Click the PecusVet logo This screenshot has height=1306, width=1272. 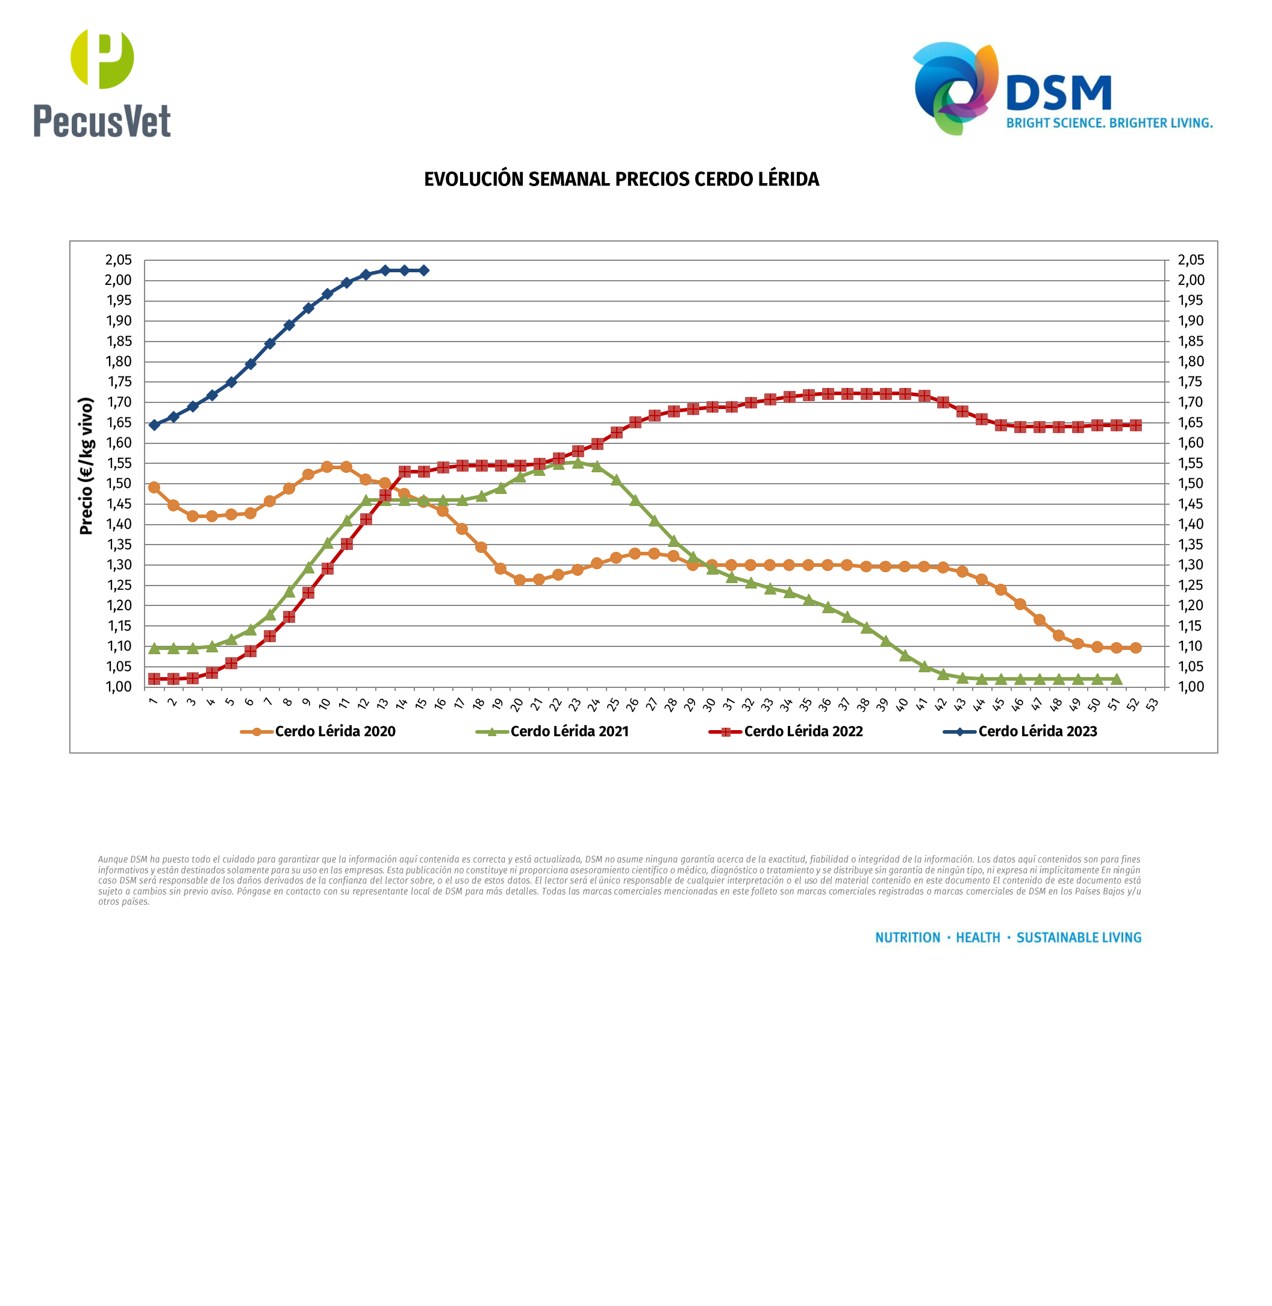(x=102, y=83)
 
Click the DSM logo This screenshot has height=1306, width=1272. (x=1062, y=89)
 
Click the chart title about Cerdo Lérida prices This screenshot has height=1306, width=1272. (x=622, y=179)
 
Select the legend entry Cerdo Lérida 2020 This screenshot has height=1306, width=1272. (x=335, y=731)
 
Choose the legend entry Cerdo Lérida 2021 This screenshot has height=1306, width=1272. (x=569, y=731)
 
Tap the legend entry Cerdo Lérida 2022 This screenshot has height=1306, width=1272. (x=803, y=731)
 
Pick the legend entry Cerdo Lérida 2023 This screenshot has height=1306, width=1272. (x=1038, y=731)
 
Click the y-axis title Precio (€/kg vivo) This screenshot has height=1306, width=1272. (x=86, y=466)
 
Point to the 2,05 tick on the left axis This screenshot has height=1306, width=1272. (x=119, y=260)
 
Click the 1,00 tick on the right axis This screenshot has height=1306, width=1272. (x=1191, y=686)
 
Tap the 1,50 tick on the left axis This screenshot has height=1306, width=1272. (x=119, y=483)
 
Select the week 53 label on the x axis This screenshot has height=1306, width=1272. (x=1152, y=704)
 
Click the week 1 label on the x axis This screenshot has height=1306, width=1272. (x=153, y=701)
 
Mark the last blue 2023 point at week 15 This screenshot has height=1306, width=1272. (x=423, y=270)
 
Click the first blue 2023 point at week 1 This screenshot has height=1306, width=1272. (x=154, y=425)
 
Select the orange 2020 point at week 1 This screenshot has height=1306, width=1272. (x=154, y=487)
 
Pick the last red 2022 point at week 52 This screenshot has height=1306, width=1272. (x=1136, y=425)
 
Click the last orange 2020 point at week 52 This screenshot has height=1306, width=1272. (x=1136, y=648)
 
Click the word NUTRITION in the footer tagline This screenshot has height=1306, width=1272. (x=907, y=938)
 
